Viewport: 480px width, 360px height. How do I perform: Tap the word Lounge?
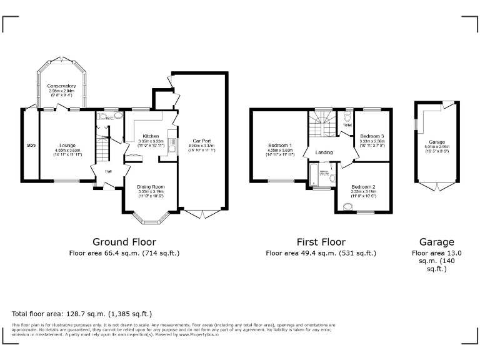[67, 145]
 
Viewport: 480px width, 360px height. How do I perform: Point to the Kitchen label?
[151, 136]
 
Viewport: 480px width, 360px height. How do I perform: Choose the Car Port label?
[201, 141]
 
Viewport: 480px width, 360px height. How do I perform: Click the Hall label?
[108, 171]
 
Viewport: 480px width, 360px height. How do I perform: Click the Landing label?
[324, 152]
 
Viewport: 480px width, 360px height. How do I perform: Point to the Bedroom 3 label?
[372, 136]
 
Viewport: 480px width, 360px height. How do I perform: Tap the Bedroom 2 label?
[362, 187]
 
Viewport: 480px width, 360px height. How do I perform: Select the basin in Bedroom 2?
[347, 206]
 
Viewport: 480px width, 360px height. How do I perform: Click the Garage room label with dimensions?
[437, 142]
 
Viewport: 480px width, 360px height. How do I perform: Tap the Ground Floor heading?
[124, 242]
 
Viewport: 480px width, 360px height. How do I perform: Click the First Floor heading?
[321, 242]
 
